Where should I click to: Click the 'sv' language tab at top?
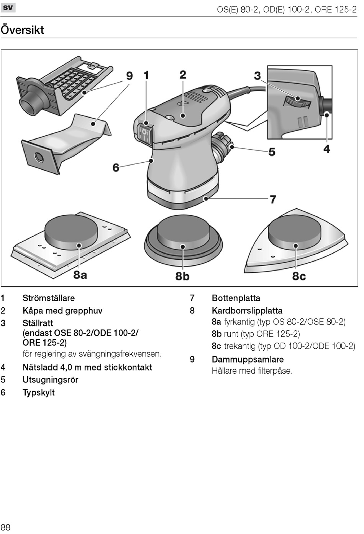click(8, 7)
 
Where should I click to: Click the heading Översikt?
click(22, 30)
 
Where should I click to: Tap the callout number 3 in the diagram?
click(257, 76)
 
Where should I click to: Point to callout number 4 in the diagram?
click(326, 149)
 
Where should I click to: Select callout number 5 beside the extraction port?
click(272, 152)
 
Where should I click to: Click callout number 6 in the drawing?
click(116, 168)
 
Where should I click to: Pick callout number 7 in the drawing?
click(273, 199)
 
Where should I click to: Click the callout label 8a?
click(80, 275)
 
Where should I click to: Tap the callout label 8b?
click(182, 276)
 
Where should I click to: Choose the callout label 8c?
click(299, 276)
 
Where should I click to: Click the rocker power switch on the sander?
click(144, 132)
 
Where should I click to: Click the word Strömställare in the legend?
click(49, 298)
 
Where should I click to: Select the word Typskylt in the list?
click(39, 392)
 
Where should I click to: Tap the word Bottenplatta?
click(236, 298)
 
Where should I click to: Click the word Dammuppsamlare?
click(248, 359)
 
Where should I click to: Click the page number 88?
click(6, 527)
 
